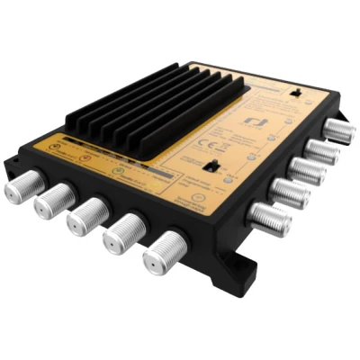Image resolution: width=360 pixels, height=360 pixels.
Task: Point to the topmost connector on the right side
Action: (338, 130)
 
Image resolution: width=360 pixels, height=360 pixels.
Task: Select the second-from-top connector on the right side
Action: (323, 150)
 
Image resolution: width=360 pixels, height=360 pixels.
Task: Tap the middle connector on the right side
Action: (308, 170)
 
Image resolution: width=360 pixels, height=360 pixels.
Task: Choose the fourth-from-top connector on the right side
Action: (291, 192)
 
